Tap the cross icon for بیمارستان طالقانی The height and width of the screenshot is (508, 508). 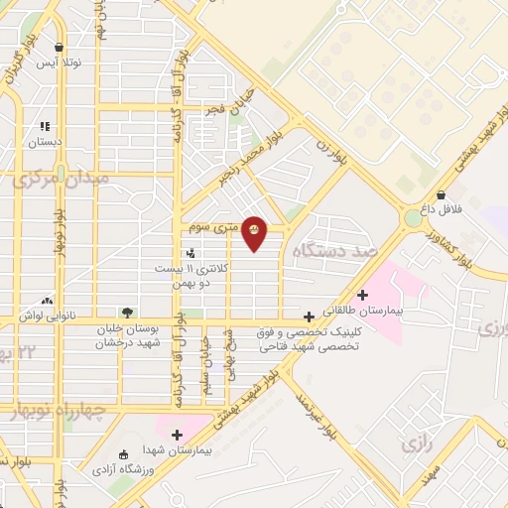pos(363,295)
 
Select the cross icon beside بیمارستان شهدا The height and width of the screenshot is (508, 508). pos(177,435)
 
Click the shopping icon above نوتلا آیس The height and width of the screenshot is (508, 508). pos(60,47)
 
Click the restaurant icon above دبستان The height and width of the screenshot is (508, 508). pos(45,127)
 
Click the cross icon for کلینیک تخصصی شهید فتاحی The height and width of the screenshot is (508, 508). pos(310,317)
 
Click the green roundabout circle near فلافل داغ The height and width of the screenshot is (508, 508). pos(413,217)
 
